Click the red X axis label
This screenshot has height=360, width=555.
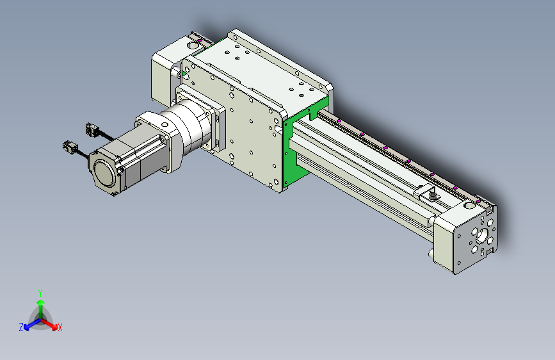click(60, 327)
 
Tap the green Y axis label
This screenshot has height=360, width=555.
click(40, 293)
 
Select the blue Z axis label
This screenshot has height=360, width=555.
click(21, 327)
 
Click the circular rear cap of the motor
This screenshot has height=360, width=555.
click(105, 173)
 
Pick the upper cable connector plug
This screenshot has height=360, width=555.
click(92, 129)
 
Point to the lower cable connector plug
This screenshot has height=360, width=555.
click(69, 147)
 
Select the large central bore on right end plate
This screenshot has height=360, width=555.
click(482, 236)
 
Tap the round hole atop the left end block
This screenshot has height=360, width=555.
click(193, 45)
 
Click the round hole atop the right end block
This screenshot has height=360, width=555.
click(469, 205)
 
